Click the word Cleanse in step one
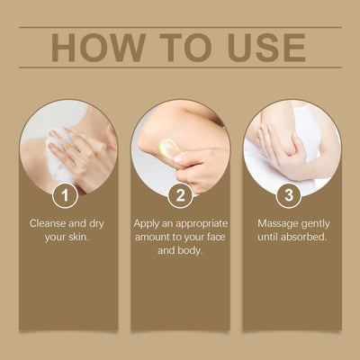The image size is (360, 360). coord(52,222)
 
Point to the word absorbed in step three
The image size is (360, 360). coord(303,238)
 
